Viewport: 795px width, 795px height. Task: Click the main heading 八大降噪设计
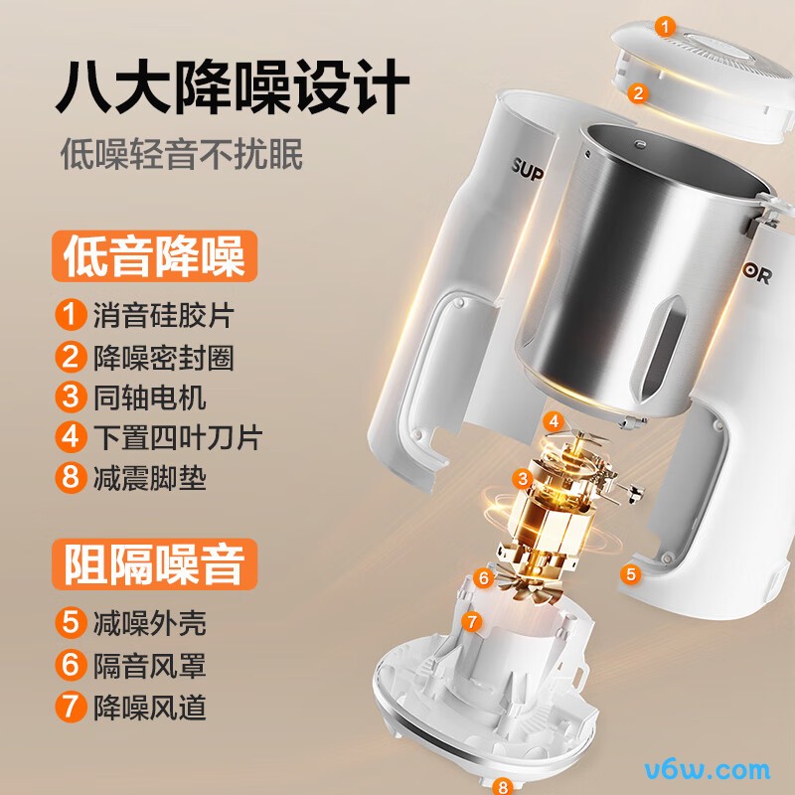(232, 87)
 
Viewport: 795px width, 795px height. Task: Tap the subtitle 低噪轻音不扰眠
(182, 154)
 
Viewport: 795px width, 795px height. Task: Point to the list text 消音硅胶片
(163, 316)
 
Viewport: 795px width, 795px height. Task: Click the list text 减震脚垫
(149, 478)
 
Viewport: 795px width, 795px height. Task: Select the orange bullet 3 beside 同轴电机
(69, 397)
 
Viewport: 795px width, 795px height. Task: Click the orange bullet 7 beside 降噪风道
(69, 707)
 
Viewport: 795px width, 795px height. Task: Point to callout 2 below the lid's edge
(637, 93)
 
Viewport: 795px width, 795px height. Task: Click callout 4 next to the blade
(553, 421)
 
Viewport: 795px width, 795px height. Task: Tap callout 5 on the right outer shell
(629, 573)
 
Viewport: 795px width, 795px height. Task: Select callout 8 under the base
(503, 786)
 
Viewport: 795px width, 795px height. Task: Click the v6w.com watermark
(709, 768)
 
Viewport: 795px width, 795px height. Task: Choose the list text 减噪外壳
(149, 624)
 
